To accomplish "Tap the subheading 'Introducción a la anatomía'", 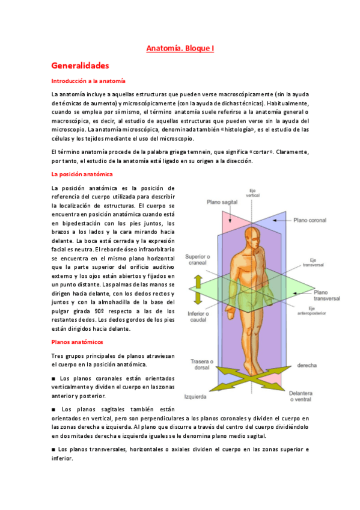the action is pos(88,81).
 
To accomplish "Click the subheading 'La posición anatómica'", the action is pos(82,174).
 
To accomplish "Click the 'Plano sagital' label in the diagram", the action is pos(221,203).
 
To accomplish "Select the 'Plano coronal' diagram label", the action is pos(309,221).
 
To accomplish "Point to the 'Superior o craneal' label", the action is pos(197,259).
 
